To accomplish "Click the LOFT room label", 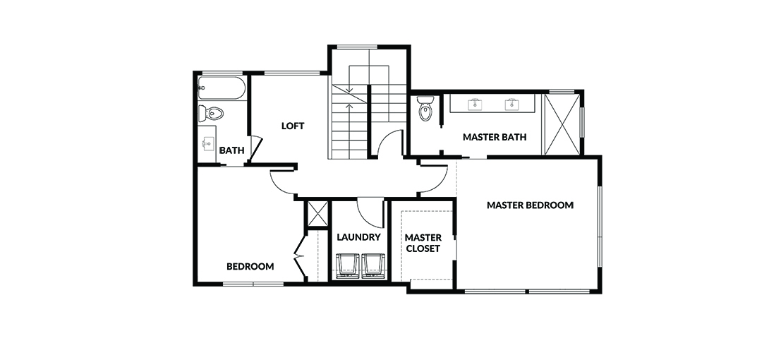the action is click(x=293, y=126).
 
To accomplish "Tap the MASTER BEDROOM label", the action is click(x=530, y=205).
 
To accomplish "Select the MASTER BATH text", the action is click(x=495, y=137).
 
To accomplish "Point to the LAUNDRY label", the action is click(x=358, y=237).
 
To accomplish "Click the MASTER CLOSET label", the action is click(x=423, y=243).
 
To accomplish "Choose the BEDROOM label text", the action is click(x=250, y=266).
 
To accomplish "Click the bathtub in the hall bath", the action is click(x=222, y=88).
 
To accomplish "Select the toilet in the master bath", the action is click(x=425, y=109).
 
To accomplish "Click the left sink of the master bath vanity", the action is click(x=475, y=104).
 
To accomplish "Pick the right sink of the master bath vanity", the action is click(x=511, y=104).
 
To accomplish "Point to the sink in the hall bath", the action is click(x=209, y=143).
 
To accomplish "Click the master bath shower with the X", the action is click(x=562, y=124).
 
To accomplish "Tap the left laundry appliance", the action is click(x=348, y=266).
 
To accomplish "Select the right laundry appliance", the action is click(x=374, y=266).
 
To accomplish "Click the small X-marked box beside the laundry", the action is click(x=317, y=214).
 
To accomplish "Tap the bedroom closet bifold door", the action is click(x=301, y=256).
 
